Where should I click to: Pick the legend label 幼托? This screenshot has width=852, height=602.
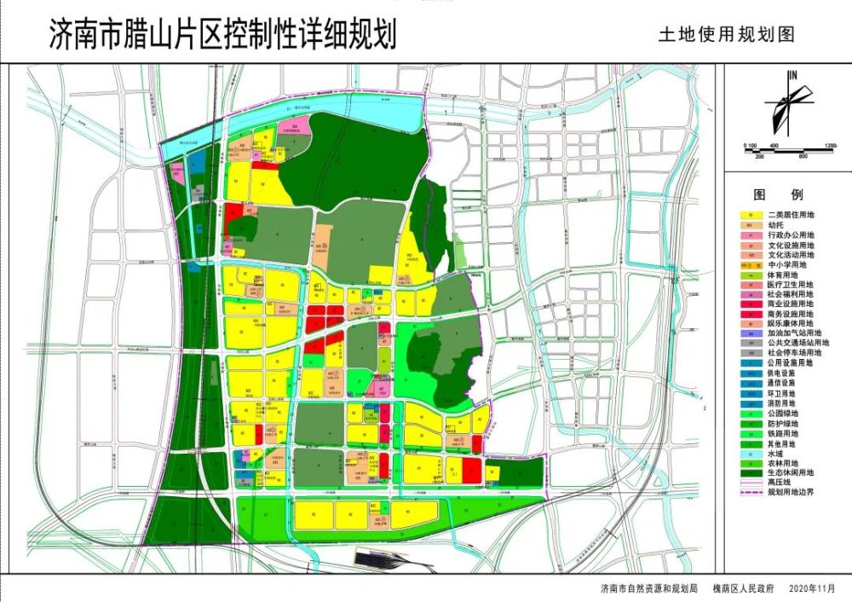[x=774, y=224]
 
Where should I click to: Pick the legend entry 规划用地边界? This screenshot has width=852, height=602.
[x=787, y=492]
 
